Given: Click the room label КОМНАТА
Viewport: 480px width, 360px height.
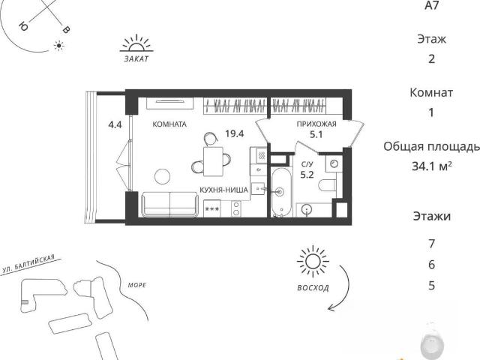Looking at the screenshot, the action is click(x=169, y=124).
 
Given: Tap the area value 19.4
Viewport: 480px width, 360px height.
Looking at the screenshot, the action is click(x=235, y=133).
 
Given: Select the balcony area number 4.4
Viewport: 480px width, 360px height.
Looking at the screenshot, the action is click(x=115, y=124).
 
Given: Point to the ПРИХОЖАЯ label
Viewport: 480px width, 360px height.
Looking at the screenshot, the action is click(x=316, y=124).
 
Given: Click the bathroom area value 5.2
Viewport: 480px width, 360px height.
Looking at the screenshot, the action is click(x=307, y=175).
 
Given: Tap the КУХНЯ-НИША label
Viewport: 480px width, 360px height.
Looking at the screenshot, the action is click(x=223, y=190).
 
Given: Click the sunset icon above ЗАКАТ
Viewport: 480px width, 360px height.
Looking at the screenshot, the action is click(x=136, y=43).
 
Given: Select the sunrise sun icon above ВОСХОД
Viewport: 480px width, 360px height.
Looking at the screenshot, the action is click(x=313, y=262).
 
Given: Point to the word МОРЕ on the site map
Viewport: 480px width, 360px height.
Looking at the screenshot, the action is click(x=137, y=285).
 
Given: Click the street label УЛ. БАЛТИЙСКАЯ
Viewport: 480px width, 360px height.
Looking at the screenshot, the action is click(x=28, y=264).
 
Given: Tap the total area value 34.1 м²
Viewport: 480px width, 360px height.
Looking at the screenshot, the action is click(x=432, y=166).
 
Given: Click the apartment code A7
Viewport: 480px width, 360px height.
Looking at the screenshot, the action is click(x=432, y=5).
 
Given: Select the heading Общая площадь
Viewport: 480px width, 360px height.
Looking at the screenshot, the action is click(x=432, y=147).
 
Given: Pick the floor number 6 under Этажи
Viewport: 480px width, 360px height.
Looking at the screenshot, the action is click(x=432, y=265).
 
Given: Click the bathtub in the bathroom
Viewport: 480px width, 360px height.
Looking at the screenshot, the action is click(x=281, y=192).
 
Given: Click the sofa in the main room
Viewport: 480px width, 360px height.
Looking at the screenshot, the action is click(x=169, y=205).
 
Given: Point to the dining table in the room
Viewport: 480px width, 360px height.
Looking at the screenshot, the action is click(x=213, y=162).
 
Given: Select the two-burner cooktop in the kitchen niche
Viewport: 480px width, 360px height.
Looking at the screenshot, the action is click(x=236, y=208).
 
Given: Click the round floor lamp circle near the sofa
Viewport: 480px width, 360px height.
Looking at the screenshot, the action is click(x=162, y=177).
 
